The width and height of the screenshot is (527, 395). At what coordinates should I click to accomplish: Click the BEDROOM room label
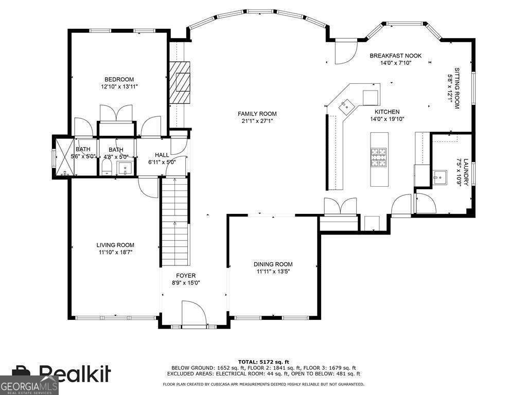point(119,79)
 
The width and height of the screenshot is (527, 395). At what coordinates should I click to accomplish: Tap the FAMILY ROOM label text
point(257,114)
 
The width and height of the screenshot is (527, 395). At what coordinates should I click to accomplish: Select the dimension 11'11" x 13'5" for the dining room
point(273,272)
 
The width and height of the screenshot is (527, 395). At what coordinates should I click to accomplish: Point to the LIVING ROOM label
point(115,245)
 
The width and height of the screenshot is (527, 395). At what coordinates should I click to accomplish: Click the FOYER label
point(186,276)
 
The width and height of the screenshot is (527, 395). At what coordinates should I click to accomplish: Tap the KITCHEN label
point(387,112)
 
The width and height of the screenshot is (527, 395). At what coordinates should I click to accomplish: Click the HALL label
point(162,154)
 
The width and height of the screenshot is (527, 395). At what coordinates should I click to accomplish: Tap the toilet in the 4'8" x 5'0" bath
point(107,167)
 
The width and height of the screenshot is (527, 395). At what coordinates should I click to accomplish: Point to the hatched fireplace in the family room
point(181,82)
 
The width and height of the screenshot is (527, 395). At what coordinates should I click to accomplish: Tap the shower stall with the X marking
point(64,156)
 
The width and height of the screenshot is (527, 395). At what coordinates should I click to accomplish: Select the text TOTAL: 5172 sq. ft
point(263,362)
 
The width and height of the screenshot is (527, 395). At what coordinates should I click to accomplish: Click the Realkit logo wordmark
point(75,373)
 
